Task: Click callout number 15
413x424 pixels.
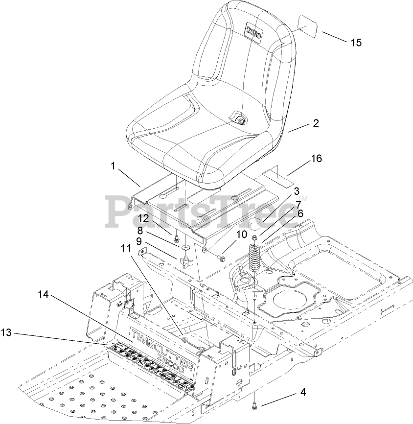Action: click(x=356, y=43)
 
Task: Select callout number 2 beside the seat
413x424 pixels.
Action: click(x=316, y=123)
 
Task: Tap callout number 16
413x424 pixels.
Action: click(x=316, y=159)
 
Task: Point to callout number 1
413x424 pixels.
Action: click(x=113, y=166)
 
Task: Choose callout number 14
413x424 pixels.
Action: click(x=44, y=294)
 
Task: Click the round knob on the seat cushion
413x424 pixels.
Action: click(x=240, y=119)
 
